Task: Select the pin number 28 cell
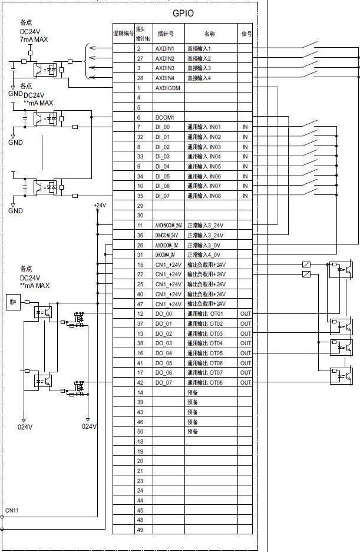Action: [139, 78]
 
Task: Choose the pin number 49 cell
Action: [140, 530]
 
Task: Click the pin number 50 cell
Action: [140, 432]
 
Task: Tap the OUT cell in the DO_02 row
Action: [245, 333]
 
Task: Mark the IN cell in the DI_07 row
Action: [245, 196]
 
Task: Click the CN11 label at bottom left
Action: [12, 510]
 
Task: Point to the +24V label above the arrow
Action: [100, 206]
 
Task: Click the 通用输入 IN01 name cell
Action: [204, 127]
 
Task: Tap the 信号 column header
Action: [246, 34]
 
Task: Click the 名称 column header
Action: [210, 34]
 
